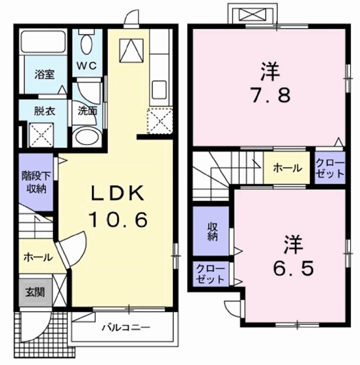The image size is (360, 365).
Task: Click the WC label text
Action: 87,66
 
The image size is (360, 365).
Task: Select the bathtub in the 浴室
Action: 43,42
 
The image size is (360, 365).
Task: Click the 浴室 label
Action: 44,74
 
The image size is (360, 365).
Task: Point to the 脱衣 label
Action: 44,111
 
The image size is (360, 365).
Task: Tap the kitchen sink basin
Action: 159,90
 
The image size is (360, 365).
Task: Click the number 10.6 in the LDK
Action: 119,220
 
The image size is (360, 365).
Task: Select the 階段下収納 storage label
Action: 36,182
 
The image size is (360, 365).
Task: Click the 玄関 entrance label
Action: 35,292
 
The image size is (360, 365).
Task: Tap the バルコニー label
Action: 126,328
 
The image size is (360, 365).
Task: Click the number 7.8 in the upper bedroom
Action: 270,95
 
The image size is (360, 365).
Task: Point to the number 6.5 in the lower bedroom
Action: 293,268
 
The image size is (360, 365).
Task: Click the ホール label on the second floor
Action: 287,168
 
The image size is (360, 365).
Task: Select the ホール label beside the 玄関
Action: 38,257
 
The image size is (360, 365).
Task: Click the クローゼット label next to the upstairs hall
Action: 330,168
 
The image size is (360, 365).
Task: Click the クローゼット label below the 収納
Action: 210,274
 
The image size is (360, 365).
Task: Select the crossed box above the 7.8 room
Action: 253,15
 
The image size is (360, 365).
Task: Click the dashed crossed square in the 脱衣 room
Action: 41,135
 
